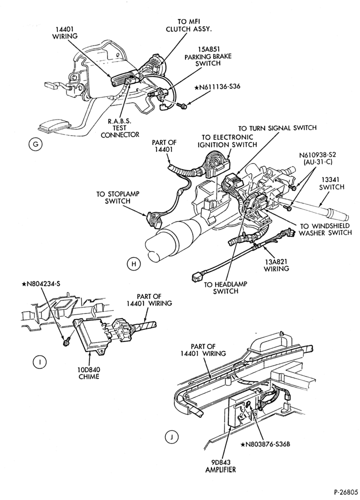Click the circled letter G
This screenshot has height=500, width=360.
point(35,144)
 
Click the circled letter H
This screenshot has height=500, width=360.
point(133,263)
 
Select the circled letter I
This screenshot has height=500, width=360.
point(39,361)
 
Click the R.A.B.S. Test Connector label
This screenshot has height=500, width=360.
point(120,128)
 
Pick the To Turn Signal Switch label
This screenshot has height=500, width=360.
point(277,128)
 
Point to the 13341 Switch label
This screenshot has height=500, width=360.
point(331,183)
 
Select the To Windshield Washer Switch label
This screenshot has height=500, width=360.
point(325,229)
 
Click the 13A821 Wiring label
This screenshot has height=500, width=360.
point(276,264)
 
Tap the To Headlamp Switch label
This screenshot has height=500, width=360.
point(226,287)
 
